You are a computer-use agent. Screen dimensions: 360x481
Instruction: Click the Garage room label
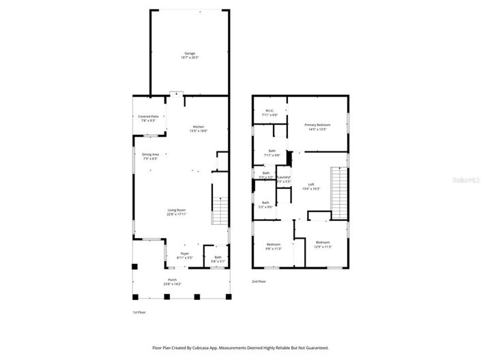[189, 55]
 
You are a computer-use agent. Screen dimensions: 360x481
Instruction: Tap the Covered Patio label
[149, 119]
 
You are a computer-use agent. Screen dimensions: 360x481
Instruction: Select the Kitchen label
[199, 129]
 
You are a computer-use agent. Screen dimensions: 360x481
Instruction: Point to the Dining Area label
[151, 156]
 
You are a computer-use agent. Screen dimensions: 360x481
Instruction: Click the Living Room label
[177, 211]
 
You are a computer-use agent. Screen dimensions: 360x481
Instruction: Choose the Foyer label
[184, 256]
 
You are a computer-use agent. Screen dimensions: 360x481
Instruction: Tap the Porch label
[172, 282]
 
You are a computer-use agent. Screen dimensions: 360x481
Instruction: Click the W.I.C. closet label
[269, 113]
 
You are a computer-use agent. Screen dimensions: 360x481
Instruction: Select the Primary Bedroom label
[317, 127]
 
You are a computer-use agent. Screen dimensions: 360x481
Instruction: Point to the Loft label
[311, 186]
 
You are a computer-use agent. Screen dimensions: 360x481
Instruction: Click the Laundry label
[283, 180]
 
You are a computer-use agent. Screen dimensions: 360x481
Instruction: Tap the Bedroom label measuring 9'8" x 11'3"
[274, 246]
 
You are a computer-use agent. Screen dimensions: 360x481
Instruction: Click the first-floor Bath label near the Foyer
[218, 259]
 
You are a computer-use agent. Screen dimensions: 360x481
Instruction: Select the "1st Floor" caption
[139, 312]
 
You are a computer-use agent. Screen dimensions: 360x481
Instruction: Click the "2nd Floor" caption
[259, 281]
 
